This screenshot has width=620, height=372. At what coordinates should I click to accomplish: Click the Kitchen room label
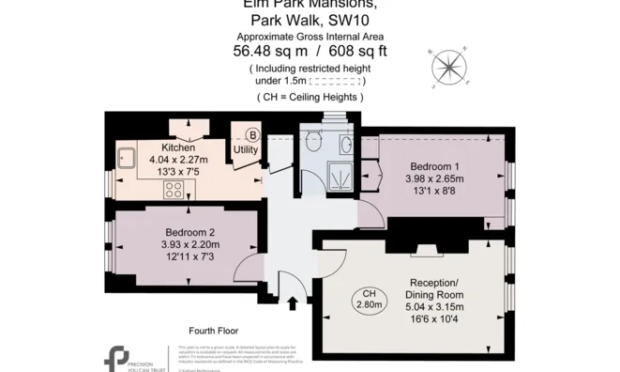tap(178, 148)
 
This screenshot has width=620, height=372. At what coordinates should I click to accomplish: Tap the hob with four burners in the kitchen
tap(174, 189)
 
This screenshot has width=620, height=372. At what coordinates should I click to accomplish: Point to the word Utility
tap(246, 149)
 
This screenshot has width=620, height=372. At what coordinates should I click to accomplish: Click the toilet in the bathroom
tap(314, 142)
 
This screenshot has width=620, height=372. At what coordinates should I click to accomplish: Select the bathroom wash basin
tap(346, 143)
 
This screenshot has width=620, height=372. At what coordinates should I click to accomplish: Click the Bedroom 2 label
tap(190, 233)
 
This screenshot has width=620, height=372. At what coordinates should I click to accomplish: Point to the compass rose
tap(449, 66)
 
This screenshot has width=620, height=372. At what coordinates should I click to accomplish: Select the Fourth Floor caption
tap(213, 331)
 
